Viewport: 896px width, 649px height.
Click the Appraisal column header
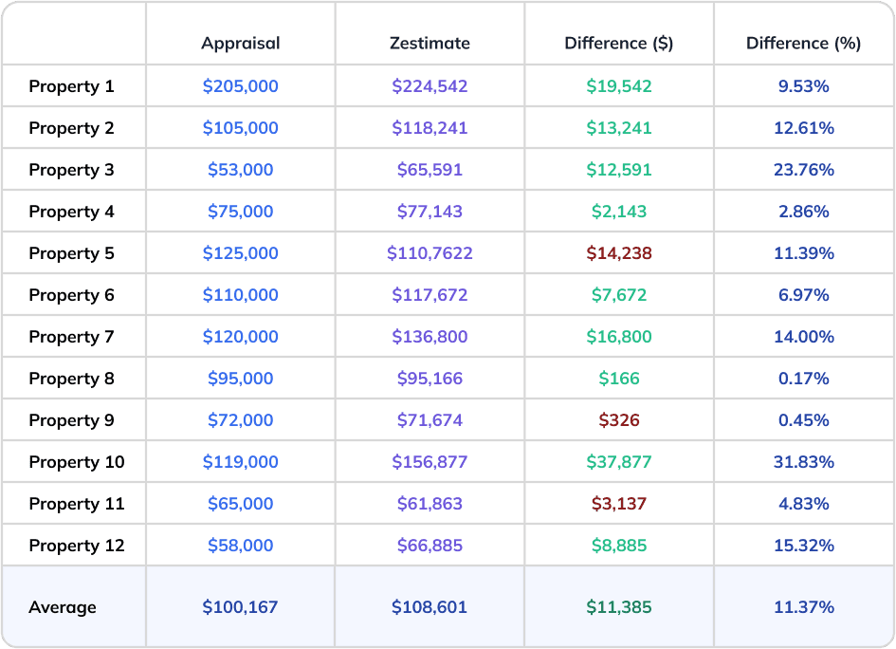240,44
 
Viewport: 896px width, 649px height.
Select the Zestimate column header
430,44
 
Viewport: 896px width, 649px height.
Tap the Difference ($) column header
618,44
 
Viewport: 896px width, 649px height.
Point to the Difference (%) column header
803,44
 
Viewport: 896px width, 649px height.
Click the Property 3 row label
71,170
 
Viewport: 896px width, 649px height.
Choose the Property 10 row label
76,462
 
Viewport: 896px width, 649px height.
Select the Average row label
63,607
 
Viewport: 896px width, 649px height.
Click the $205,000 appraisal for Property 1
240,86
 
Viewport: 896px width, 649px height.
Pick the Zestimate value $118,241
430,128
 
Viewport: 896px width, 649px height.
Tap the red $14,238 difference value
618,253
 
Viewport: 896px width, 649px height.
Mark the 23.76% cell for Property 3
803,170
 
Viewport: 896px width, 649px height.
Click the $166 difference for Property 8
618,379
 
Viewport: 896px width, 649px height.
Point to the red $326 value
618,420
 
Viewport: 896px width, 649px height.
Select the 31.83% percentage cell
803,462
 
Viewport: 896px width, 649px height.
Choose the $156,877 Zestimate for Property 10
430,462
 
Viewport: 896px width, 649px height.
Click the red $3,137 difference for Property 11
618,504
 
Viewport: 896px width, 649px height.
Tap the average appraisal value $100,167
240,607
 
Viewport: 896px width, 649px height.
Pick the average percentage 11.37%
803,607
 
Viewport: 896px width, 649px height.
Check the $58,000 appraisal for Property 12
240,546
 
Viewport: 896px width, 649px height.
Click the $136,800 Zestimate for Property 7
430,337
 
